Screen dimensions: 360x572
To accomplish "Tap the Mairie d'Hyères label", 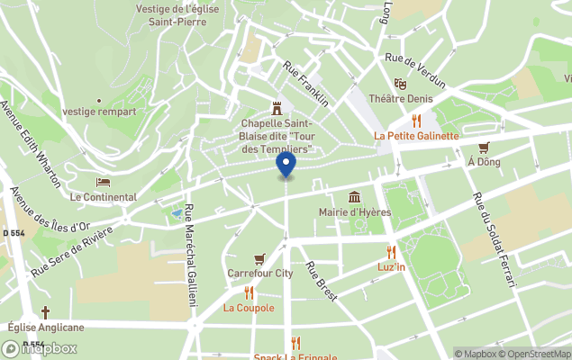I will click(354, 213).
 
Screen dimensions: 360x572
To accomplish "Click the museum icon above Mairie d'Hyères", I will click(354, 197).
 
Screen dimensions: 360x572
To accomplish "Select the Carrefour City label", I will click(260, 273).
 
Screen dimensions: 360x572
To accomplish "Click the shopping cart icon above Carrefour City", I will click(260, 257).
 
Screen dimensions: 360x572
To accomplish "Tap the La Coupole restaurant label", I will click(249, 308).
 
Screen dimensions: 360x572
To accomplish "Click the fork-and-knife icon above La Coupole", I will click(249, 292).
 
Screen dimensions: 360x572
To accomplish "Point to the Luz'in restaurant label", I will click(391, 267).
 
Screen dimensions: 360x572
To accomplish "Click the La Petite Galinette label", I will click(416, 136).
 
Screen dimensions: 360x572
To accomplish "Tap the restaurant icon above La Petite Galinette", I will click(416, 120).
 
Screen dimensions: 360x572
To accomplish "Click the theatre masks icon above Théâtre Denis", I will click(400, 84).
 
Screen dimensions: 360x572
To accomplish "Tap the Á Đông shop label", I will click(484, 162).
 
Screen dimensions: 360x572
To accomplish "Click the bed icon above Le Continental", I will click(103, 183).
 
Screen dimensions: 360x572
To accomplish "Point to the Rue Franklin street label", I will click(305, 81).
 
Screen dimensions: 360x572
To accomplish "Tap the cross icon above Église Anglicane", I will click(45, 312).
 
